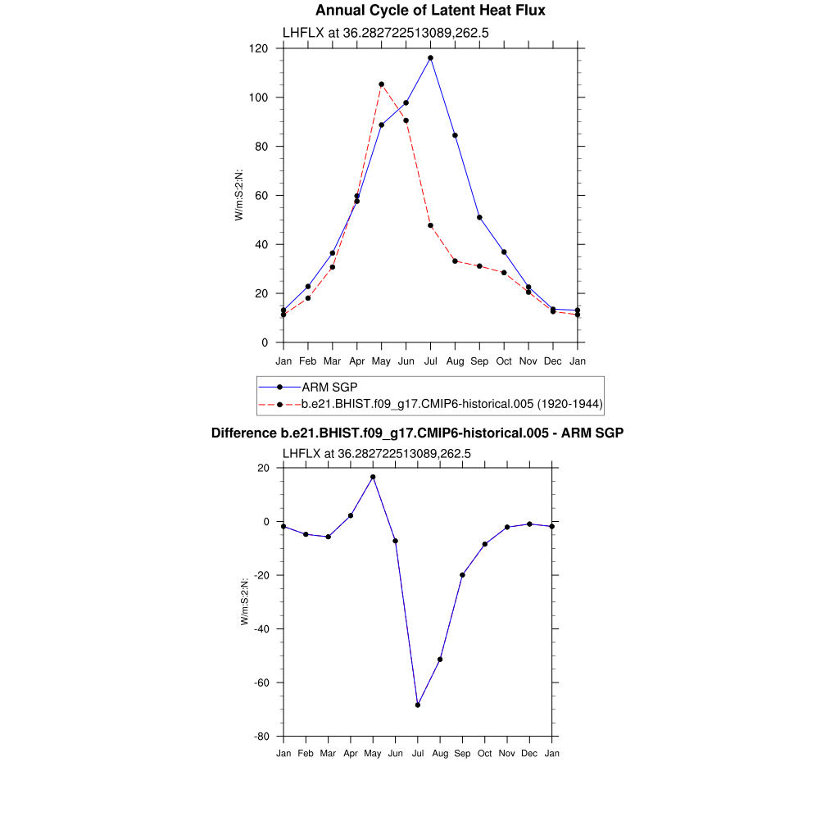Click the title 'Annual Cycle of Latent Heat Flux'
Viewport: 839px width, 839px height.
click(430, 11)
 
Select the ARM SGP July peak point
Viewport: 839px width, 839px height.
click(430, 58)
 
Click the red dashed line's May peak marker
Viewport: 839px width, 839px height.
click(381, 84)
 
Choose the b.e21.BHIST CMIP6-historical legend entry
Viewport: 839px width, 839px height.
click(452, 404)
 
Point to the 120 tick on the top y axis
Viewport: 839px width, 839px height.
click(260, 48)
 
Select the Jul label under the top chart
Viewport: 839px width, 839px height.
click(430, 361)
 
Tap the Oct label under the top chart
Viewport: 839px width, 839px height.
click(504, 361)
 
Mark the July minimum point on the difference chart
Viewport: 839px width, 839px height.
click(418, 705)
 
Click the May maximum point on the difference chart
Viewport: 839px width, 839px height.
click(373, 477)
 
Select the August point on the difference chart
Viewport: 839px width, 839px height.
click(440, 660)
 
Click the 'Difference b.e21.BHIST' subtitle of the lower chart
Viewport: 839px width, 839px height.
click(418, 433)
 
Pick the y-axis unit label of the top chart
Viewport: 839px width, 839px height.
click(239, 195)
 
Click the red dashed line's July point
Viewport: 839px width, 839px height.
click(430, 225)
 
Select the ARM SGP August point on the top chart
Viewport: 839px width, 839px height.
click(455, 135)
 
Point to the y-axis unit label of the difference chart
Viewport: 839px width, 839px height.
click(245, 602)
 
